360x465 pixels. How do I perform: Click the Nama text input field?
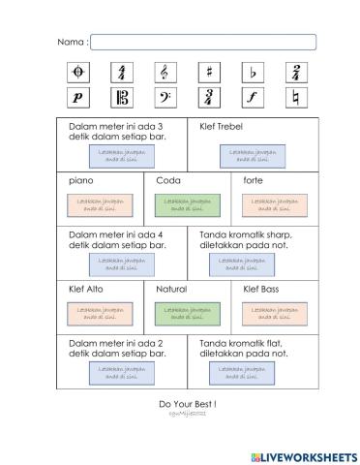click(x=203, y=42)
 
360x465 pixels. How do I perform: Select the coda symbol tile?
click(x=78, y=73)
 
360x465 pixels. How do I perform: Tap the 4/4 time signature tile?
click(x=122, y=73)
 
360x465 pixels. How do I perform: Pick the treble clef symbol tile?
click(x=165, y=73)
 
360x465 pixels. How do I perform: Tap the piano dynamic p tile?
click(x=78, y=97)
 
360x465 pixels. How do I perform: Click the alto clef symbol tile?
click(x=122, y=97)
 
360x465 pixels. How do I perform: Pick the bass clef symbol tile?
click(x=165, y=97)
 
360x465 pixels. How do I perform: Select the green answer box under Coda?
click(x=187, y=204)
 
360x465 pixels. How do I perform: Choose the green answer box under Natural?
click(x=187, y=313)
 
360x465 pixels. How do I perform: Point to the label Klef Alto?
click(x=86, y=289)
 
